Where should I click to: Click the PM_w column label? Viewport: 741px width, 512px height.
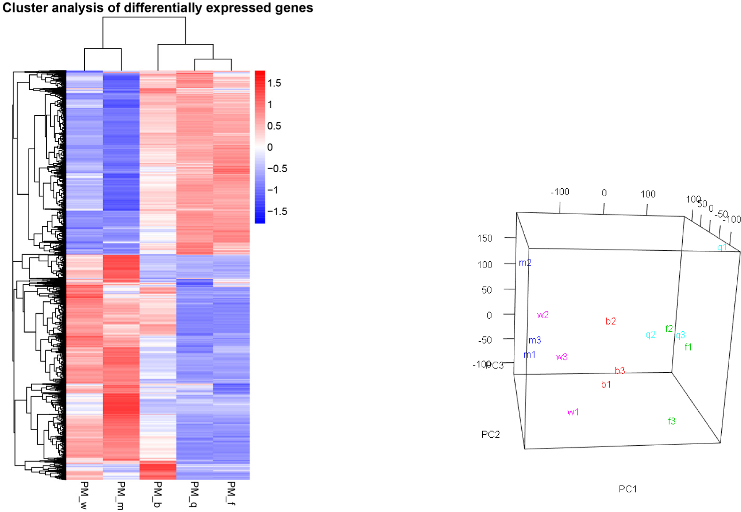pos(84,495)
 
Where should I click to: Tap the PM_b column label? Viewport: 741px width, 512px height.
pos(158,494)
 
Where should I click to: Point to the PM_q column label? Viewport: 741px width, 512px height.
pos(194,494)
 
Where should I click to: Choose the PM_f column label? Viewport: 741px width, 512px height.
pos(231,493)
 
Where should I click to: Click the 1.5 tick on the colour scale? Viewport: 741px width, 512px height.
pos(274,83)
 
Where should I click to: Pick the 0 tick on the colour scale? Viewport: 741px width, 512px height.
pos(270,147)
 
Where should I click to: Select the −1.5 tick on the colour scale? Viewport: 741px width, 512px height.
pos(277,212)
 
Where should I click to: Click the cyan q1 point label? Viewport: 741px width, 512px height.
pos(722,247)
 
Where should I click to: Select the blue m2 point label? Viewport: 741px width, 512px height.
pos(525,263)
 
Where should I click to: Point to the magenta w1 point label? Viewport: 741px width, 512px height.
pos(573,412)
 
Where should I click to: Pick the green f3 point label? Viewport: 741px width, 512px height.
pos(671,421)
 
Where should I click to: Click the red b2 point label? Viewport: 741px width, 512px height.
pos(611,321)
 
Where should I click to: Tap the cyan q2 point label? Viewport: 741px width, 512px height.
pos(650,335)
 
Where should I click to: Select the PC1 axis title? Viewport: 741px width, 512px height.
pos(628,489)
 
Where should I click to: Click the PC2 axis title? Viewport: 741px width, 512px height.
pos(490,434)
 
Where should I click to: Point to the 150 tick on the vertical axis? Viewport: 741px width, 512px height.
pos(485,238)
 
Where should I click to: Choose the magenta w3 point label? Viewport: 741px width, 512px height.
pos(562,357)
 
